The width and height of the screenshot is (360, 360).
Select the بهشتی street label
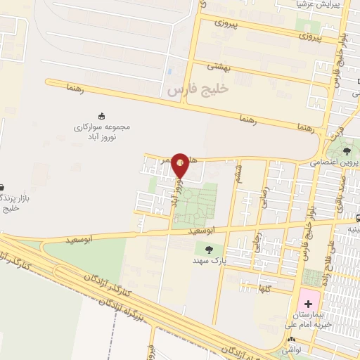tap(218, 67)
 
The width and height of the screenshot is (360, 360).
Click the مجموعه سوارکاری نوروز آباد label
tap(103, 130)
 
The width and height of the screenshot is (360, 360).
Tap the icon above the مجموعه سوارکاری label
tap(103, 115)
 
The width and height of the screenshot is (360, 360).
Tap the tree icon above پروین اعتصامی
tap(347, 150)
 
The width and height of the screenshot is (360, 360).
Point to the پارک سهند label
tap(208, 260)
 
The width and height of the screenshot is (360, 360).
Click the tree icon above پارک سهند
tap(209, 249)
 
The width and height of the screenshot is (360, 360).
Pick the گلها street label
tap(264, 289)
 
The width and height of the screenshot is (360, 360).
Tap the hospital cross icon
tap(306, 295)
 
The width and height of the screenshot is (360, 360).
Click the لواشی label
tap(293, 349)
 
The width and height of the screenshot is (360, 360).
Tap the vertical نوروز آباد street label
tap(173, 191)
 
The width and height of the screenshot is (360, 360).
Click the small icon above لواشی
tap(291, 339)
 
